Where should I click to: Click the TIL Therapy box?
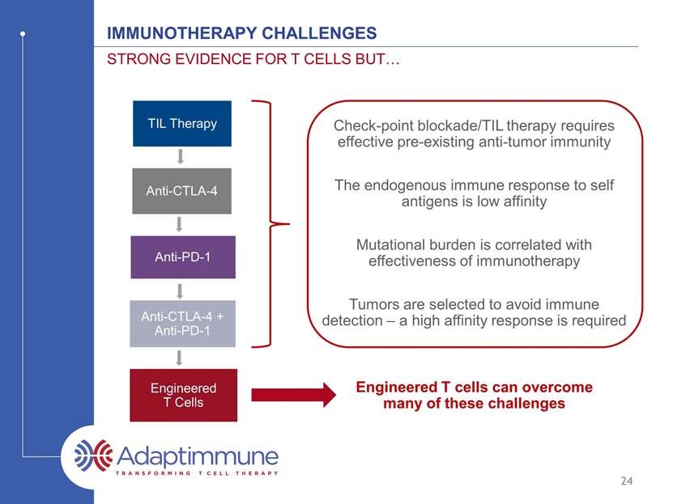click(182, 124)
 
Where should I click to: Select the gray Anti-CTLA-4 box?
click(181, 191)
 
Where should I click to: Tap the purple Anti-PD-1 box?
click(183, 257)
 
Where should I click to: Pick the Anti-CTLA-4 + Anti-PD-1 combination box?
click(182, 324)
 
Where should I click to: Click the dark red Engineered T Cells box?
click(183, 395)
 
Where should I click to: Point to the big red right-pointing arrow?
click(294, 395)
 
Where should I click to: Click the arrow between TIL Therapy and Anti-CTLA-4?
click(181, 157)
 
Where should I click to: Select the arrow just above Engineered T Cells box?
click(180, 358)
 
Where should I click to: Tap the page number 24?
click(627, 481)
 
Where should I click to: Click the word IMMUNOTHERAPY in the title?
click(182, 33)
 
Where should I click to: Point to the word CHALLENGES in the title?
click(319, 33)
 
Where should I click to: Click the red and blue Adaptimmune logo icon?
click(93, 455)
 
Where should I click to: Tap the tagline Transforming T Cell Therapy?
click(197, 473)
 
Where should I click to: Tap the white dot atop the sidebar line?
click(23, 33)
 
